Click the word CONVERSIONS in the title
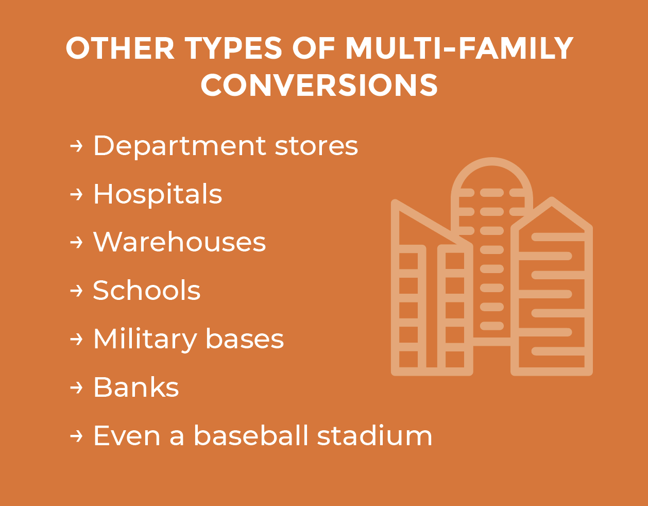click(319, 85)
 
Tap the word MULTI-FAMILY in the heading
click(459, 48)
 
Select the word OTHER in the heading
click(120, 48)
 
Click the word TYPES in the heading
click(233, 48)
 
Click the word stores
click(316, 147)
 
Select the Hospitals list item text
click(158, 195)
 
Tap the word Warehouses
click(179, 242)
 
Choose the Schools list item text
click(146, 290)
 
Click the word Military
click(145, 340)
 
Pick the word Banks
click(136, 387)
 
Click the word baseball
click(251, 435)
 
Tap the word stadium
click(374, 435)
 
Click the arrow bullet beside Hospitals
click(76, 194)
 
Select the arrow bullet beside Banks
click(76, 387)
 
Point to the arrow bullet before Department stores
click(76, 146)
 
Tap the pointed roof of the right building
click(552, 201)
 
